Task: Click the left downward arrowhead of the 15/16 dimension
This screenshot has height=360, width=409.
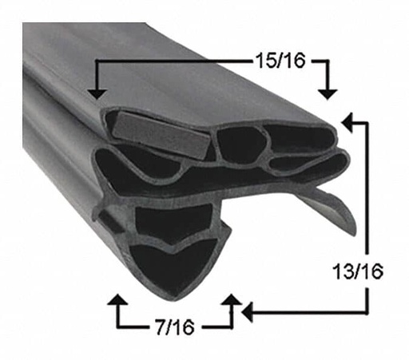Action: coord(97,93)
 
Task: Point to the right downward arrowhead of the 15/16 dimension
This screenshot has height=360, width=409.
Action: coord(328,93)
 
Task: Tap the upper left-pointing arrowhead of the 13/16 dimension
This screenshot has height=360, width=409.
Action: coord(347,122)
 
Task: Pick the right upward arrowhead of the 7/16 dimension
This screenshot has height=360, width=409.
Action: coord(232,301)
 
